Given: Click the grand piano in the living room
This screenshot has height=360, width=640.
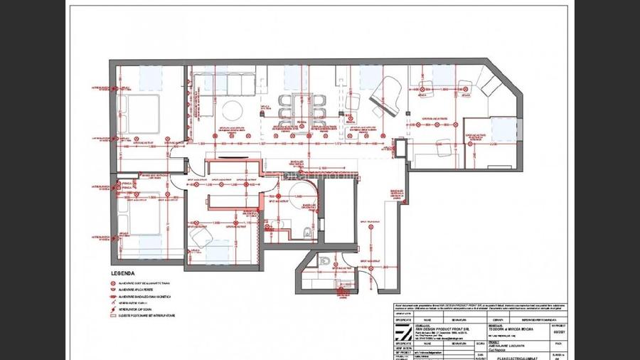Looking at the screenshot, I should pos(387,93).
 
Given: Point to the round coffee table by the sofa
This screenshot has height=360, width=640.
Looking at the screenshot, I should pos(231,110).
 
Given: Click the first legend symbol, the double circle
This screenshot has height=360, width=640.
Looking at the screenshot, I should pos(113,282).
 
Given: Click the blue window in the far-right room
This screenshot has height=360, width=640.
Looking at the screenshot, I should pos(503,128).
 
